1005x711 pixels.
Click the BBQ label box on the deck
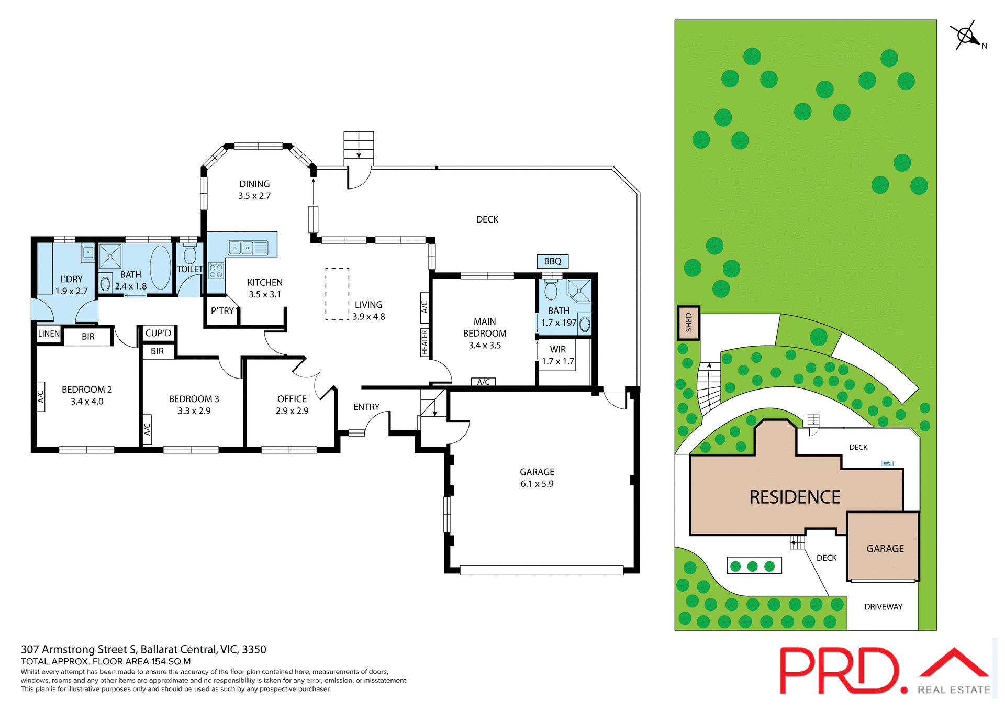pos(552,261)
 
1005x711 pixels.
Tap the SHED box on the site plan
pos(688,323)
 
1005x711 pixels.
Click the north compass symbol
pos(966,36)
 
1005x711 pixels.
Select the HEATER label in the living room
pos(425,343)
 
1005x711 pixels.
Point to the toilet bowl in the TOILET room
pos(190,254)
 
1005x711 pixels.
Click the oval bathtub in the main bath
pos(160,267)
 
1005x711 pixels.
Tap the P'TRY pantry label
pos(222,311)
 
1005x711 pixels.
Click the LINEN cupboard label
pos(49,334)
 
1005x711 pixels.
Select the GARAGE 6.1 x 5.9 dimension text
pos(537,484)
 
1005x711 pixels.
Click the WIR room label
pos(557,349)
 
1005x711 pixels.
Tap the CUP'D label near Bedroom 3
pos(158,333)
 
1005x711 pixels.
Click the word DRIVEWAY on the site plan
pos(883,607)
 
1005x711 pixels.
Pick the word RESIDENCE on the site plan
pos(795,497)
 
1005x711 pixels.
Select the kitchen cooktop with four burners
pos(216,271)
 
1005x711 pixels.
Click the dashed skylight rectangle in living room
pos(337,294)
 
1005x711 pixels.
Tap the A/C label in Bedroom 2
pos(41,397)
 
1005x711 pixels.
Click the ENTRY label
pos(366,407)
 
